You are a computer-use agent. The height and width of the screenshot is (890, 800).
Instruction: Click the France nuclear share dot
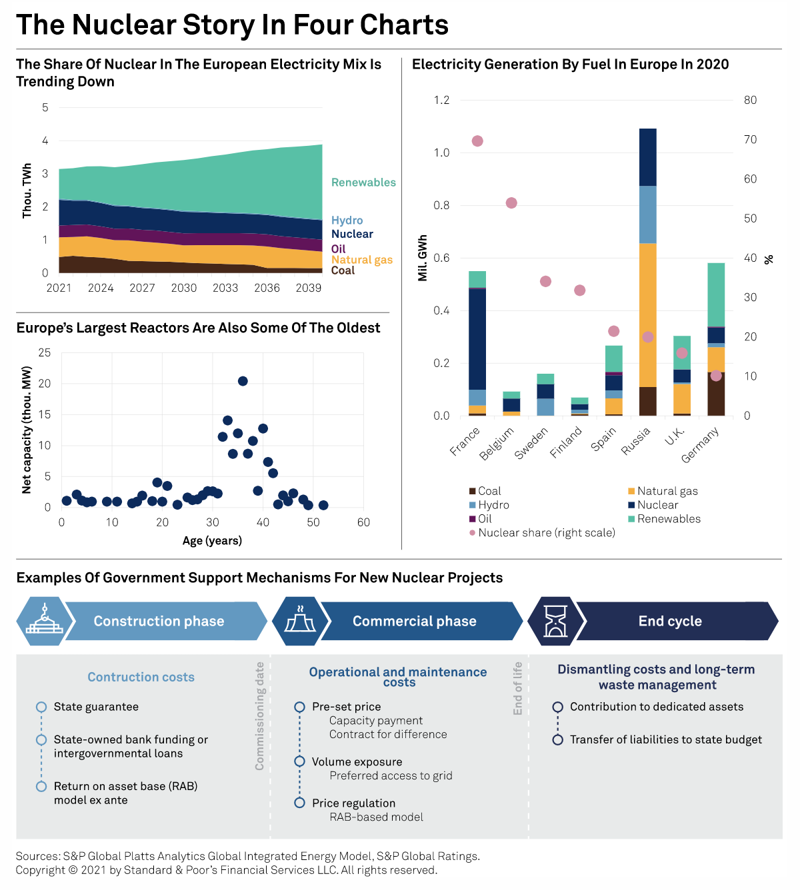(x=477, y=141)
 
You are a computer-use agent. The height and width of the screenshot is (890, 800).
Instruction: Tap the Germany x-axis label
(x=701, y=445)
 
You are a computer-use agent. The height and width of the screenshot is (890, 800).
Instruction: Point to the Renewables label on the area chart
(x=363, y=183)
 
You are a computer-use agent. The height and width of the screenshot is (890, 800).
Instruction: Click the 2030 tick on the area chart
(x=184, y=288)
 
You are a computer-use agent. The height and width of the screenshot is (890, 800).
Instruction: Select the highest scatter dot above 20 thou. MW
(x=243, y=381)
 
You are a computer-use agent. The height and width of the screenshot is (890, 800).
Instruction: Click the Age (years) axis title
(x=212, y=540)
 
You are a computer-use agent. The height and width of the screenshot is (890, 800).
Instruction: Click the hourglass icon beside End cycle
(x=555, y=621)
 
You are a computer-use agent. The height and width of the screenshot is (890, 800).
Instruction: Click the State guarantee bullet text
(x=96, y=707)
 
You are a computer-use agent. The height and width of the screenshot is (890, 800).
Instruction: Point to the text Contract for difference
(x=388, y=734)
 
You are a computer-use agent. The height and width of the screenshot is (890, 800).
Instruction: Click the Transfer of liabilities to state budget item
(x=665, y=739)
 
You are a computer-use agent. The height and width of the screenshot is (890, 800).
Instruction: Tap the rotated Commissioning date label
(x=260, y=716)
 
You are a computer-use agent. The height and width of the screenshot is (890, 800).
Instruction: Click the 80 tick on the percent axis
(x=751, y=100)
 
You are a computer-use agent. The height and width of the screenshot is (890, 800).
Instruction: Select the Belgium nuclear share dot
(x=511, y=203)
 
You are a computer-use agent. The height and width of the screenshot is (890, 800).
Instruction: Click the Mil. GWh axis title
(x=423, y=258)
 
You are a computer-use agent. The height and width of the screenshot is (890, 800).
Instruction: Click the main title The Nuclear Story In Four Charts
(x=232, y=25)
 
